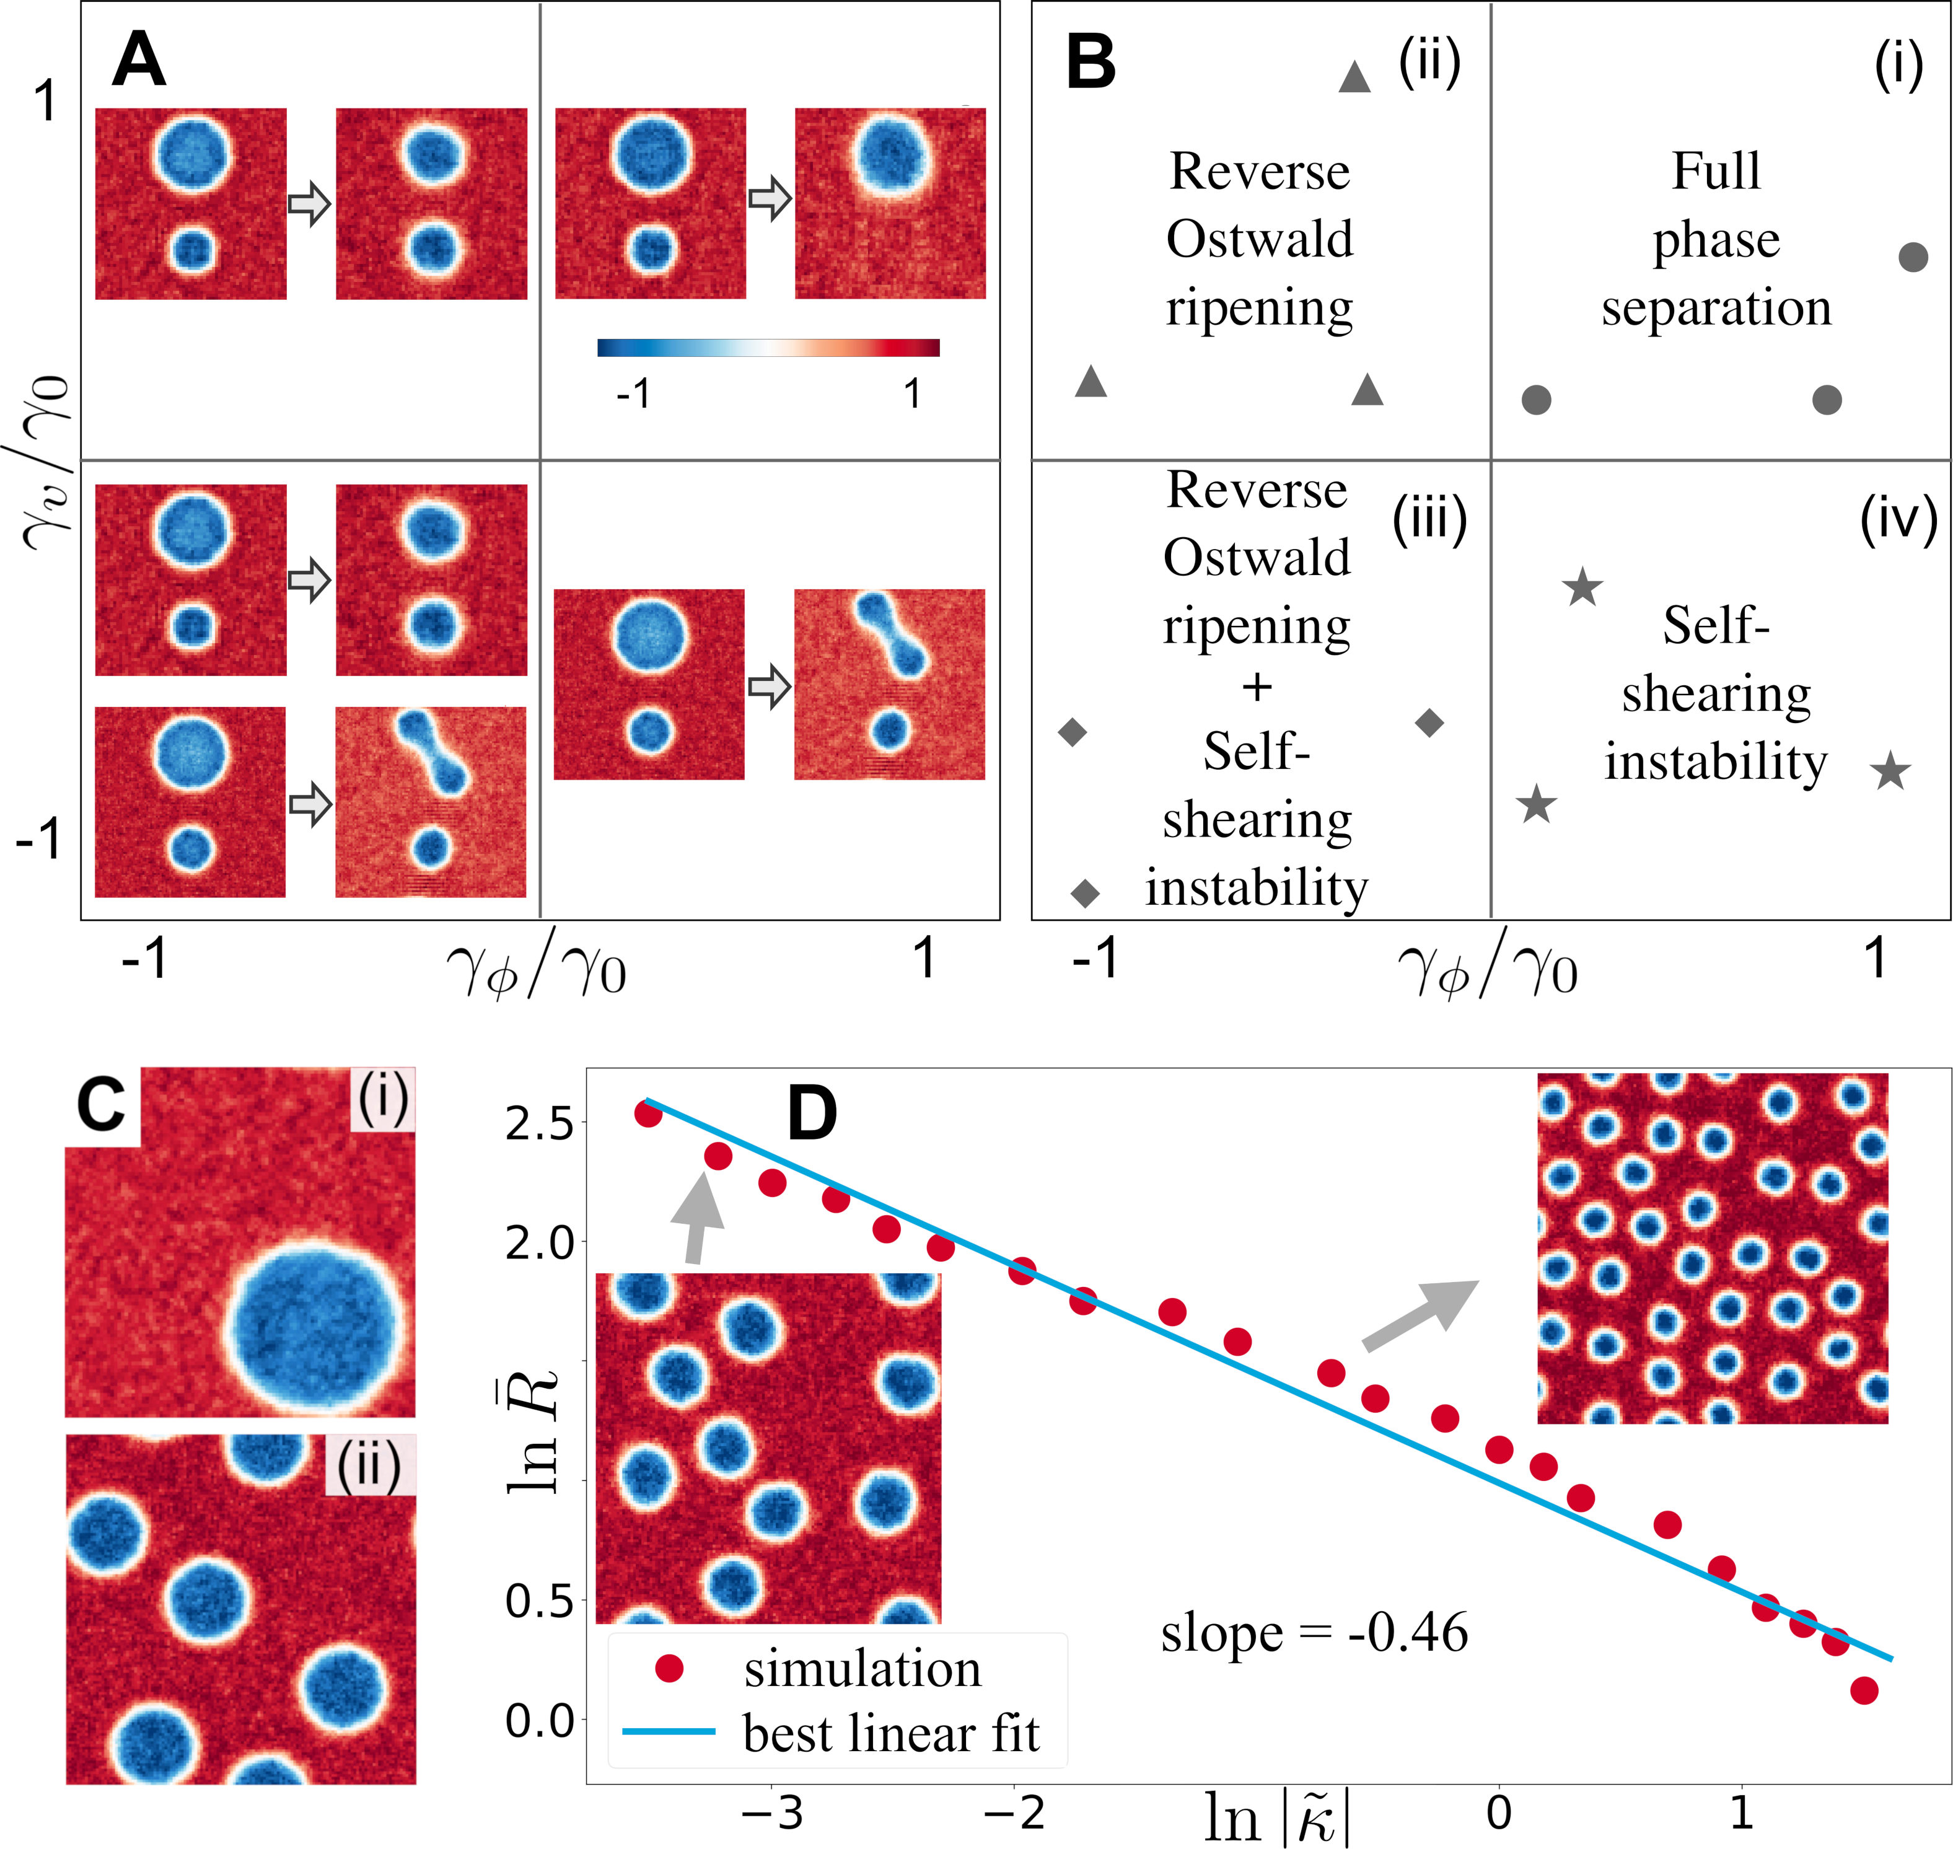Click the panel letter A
pos(139,61)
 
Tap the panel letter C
pos(102,1104)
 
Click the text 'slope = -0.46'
pos(1314,1633)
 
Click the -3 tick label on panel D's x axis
pos(773,1812)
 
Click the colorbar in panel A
pos(768,347)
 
